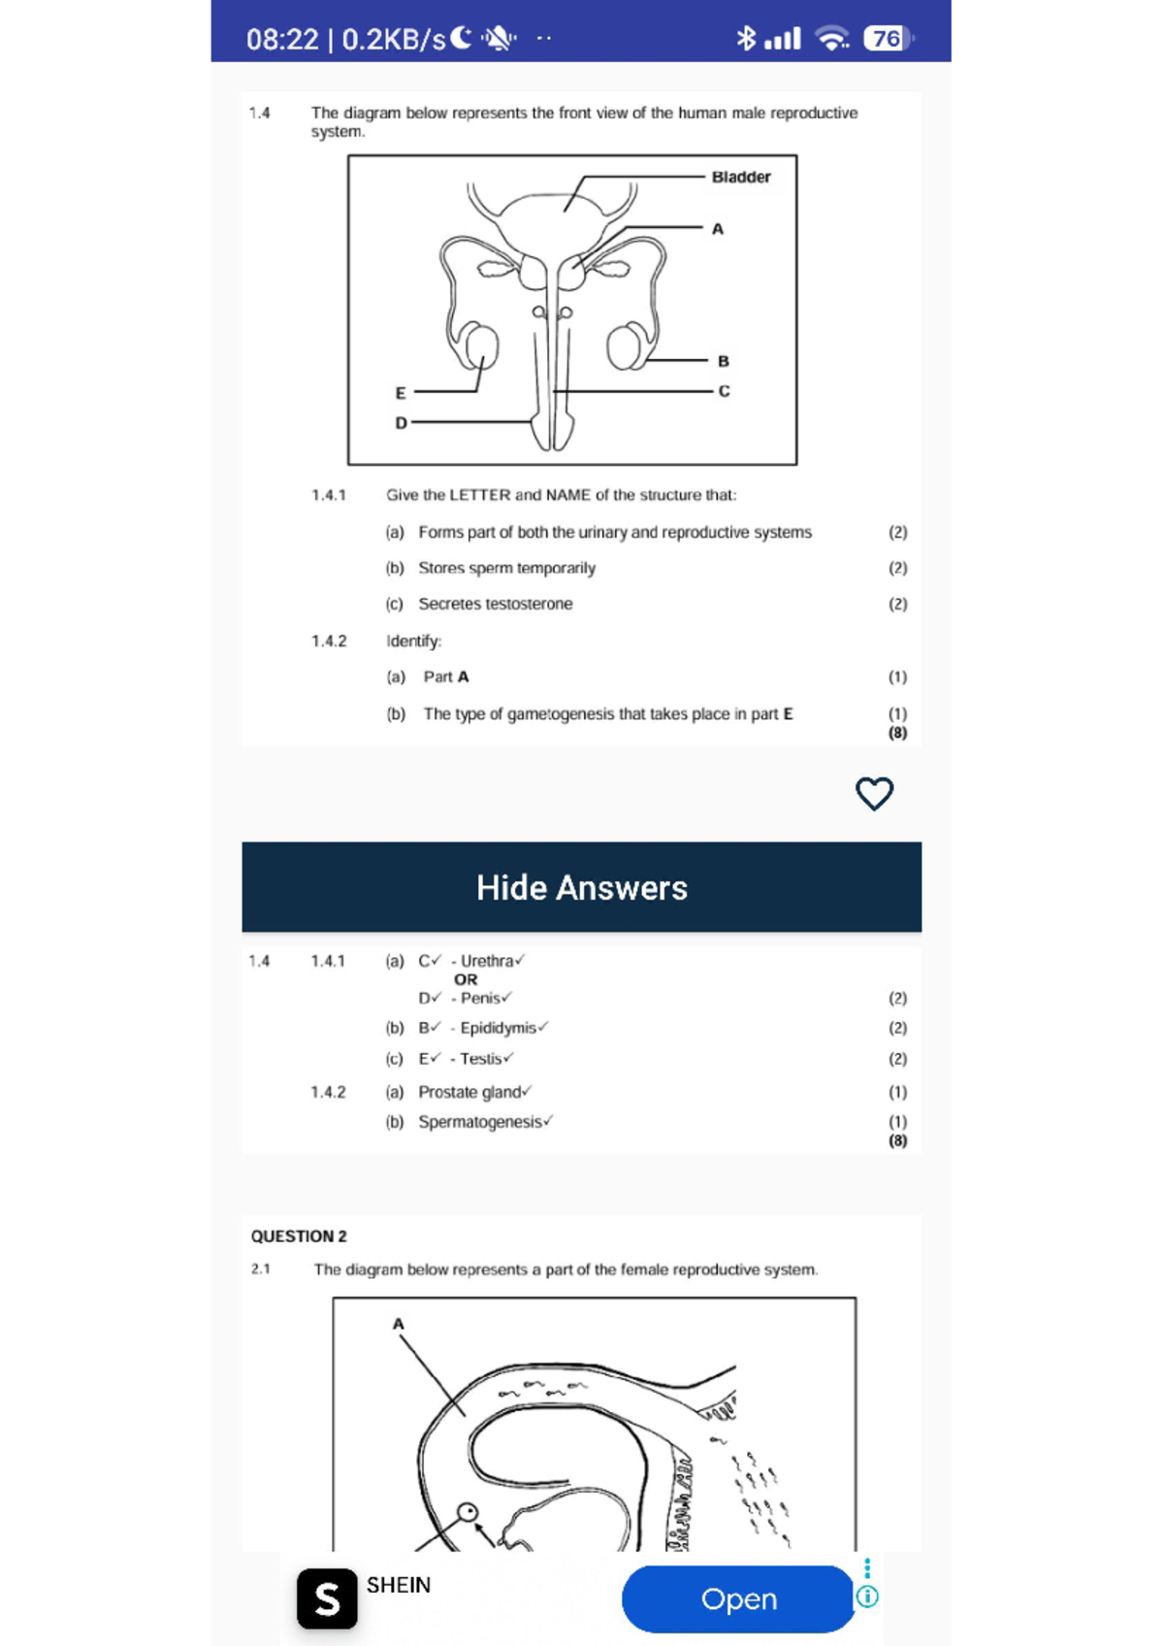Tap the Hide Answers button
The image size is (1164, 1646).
pyautogui.click(x=581, y=887)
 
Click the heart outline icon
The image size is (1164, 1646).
pyautogui.click(x=874, y=793)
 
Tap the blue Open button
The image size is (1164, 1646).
pyautogui.click(x=738, y=1598)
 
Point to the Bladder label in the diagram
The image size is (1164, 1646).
pyautogui.click(x=741, y=177)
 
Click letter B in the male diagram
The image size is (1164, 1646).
pyautogui.click(x=723, y=361)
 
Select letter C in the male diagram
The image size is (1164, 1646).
pyautogui.click(x=724, y=391)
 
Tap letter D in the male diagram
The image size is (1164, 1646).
pyautogui.click(x=401, y=423)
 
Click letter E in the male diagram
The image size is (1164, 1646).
pyautogui.click(x=400, y=393)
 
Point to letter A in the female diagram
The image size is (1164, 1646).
pyautogui.click(x=398, y=1324)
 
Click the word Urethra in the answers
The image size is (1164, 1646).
pyautogui.click(x=487, y=961)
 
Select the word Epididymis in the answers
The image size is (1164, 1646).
pyautogui.click(x=498, y=1028)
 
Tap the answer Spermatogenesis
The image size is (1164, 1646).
pyautogui.click(x=480, y=1122)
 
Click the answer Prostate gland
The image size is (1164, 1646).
pyautogui.click(x=469, y=1092)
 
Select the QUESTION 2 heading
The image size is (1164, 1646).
pyautogui.click(x=299, y=1236)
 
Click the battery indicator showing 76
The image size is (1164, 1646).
pyautogui.click(x=887, y=39)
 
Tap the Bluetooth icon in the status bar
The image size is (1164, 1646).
pyautogui.click(x=745, y=38)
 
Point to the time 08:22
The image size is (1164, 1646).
pyautogui.click(x=281, y=40)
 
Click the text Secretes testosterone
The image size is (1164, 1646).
pyautogui.click(x=495, y=604)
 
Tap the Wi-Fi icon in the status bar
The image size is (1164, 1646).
pyautogui.click(x=832, y=39)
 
